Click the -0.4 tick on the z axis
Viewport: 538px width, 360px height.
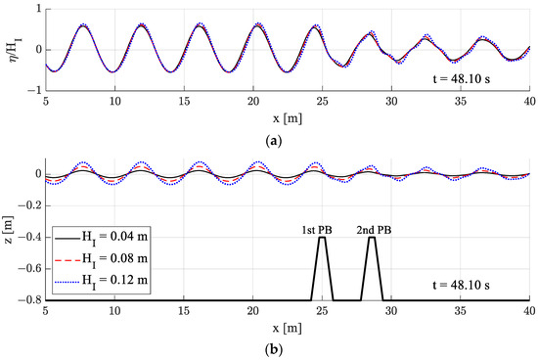[30, 238]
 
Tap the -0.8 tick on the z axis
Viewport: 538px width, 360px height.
[30, 300]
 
